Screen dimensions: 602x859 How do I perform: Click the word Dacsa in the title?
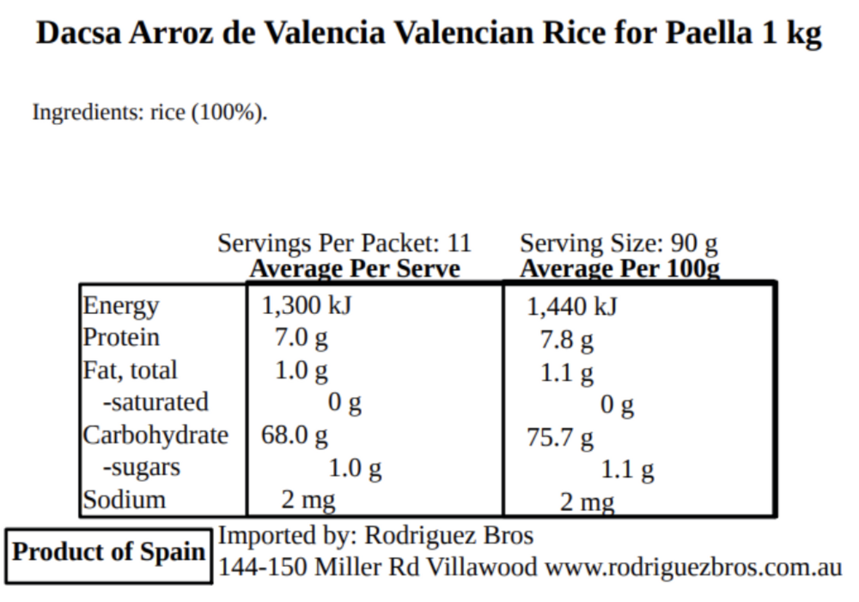pyautogui.click(x=79, y=33)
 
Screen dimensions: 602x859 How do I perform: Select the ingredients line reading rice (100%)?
pyautogui.click(x=150, y=112)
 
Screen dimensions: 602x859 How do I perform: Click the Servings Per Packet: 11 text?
pyautogui.click(x=344, y=243)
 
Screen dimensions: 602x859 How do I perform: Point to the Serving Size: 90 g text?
pyautogui.click(x=619, y=243)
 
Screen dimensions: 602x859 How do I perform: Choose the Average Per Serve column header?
pyautogui.click(x=355, y=269)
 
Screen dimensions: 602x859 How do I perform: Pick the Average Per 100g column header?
pyautogui.click(x=620, y=269)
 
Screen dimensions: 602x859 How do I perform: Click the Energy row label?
pyautogui.click(x=121, y=306)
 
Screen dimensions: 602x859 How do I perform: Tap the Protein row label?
pyautogui.click(x=121, y=337)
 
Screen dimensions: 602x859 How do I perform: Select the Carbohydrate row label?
pyautogui.click(x=155, y=435)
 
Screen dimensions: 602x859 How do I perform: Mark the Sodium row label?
pyautogui.click(x=124, y=500)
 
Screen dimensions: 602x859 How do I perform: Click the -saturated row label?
pyautogui.click(x=156, y=403)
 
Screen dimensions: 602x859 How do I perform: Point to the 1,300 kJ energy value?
pyautogui.click(x=307, y=306)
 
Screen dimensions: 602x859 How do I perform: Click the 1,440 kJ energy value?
pyautogui.click(x=572, y=307)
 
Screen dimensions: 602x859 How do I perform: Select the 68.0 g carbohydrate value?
pyautogui.click(x=294, y=435)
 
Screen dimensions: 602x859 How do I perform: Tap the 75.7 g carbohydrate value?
pyautogui.click(x=560, y=438)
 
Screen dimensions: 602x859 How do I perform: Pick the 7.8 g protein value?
pyautogui.click(x=567, y=340)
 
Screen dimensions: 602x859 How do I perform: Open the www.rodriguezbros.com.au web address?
pyautogui.click(x=693, y=567)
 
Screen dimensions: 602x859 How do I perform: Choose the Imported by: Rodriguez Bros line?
pyautogui.click(x=376, y=535)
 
